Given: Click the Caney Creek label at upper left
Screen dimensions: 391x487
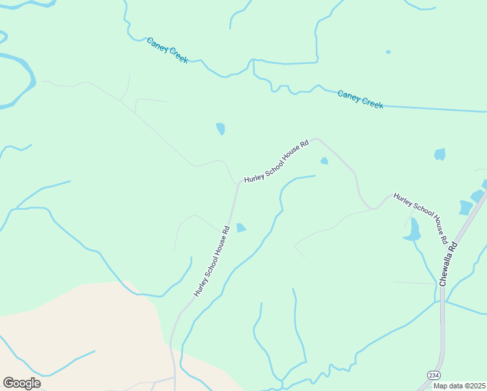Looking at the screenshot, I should coord(167,50).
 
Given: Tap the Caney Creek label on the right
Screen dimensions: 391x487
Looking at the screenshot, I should coord(360,99).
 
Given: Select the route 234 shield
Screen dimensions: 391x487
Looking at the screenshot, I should coord(433,375).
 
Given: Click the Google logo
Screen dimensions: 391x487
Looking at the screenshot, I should coord(21,383).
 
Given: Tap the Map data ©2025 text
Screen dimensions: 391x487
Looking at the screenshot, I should coord(458,386).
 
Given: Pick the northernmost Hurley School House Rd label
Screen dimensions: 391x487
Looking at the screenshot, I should coord(276,161).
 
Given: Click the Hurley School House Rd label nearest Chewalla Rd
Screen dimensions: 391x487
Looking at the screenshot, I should coord(421,218).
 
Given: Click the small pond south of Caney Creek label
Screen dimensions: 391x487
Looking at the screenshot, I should coord(221,128).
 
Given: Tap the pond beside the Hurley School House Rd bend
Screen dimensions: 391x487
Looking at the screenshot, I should coord(241,227).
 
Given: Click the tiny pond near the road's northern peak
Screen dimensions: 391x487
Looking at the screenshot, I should coord(324,161).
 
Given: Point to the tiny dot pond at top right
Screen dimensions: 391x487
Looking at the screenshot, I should coord(388,51).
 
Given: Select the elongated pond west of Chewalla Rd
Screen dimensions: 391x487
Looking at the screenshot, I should coord(413,230).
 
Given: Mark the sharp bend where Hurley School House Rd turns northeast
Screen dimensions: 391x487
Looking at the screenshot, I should coord(238,184).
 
